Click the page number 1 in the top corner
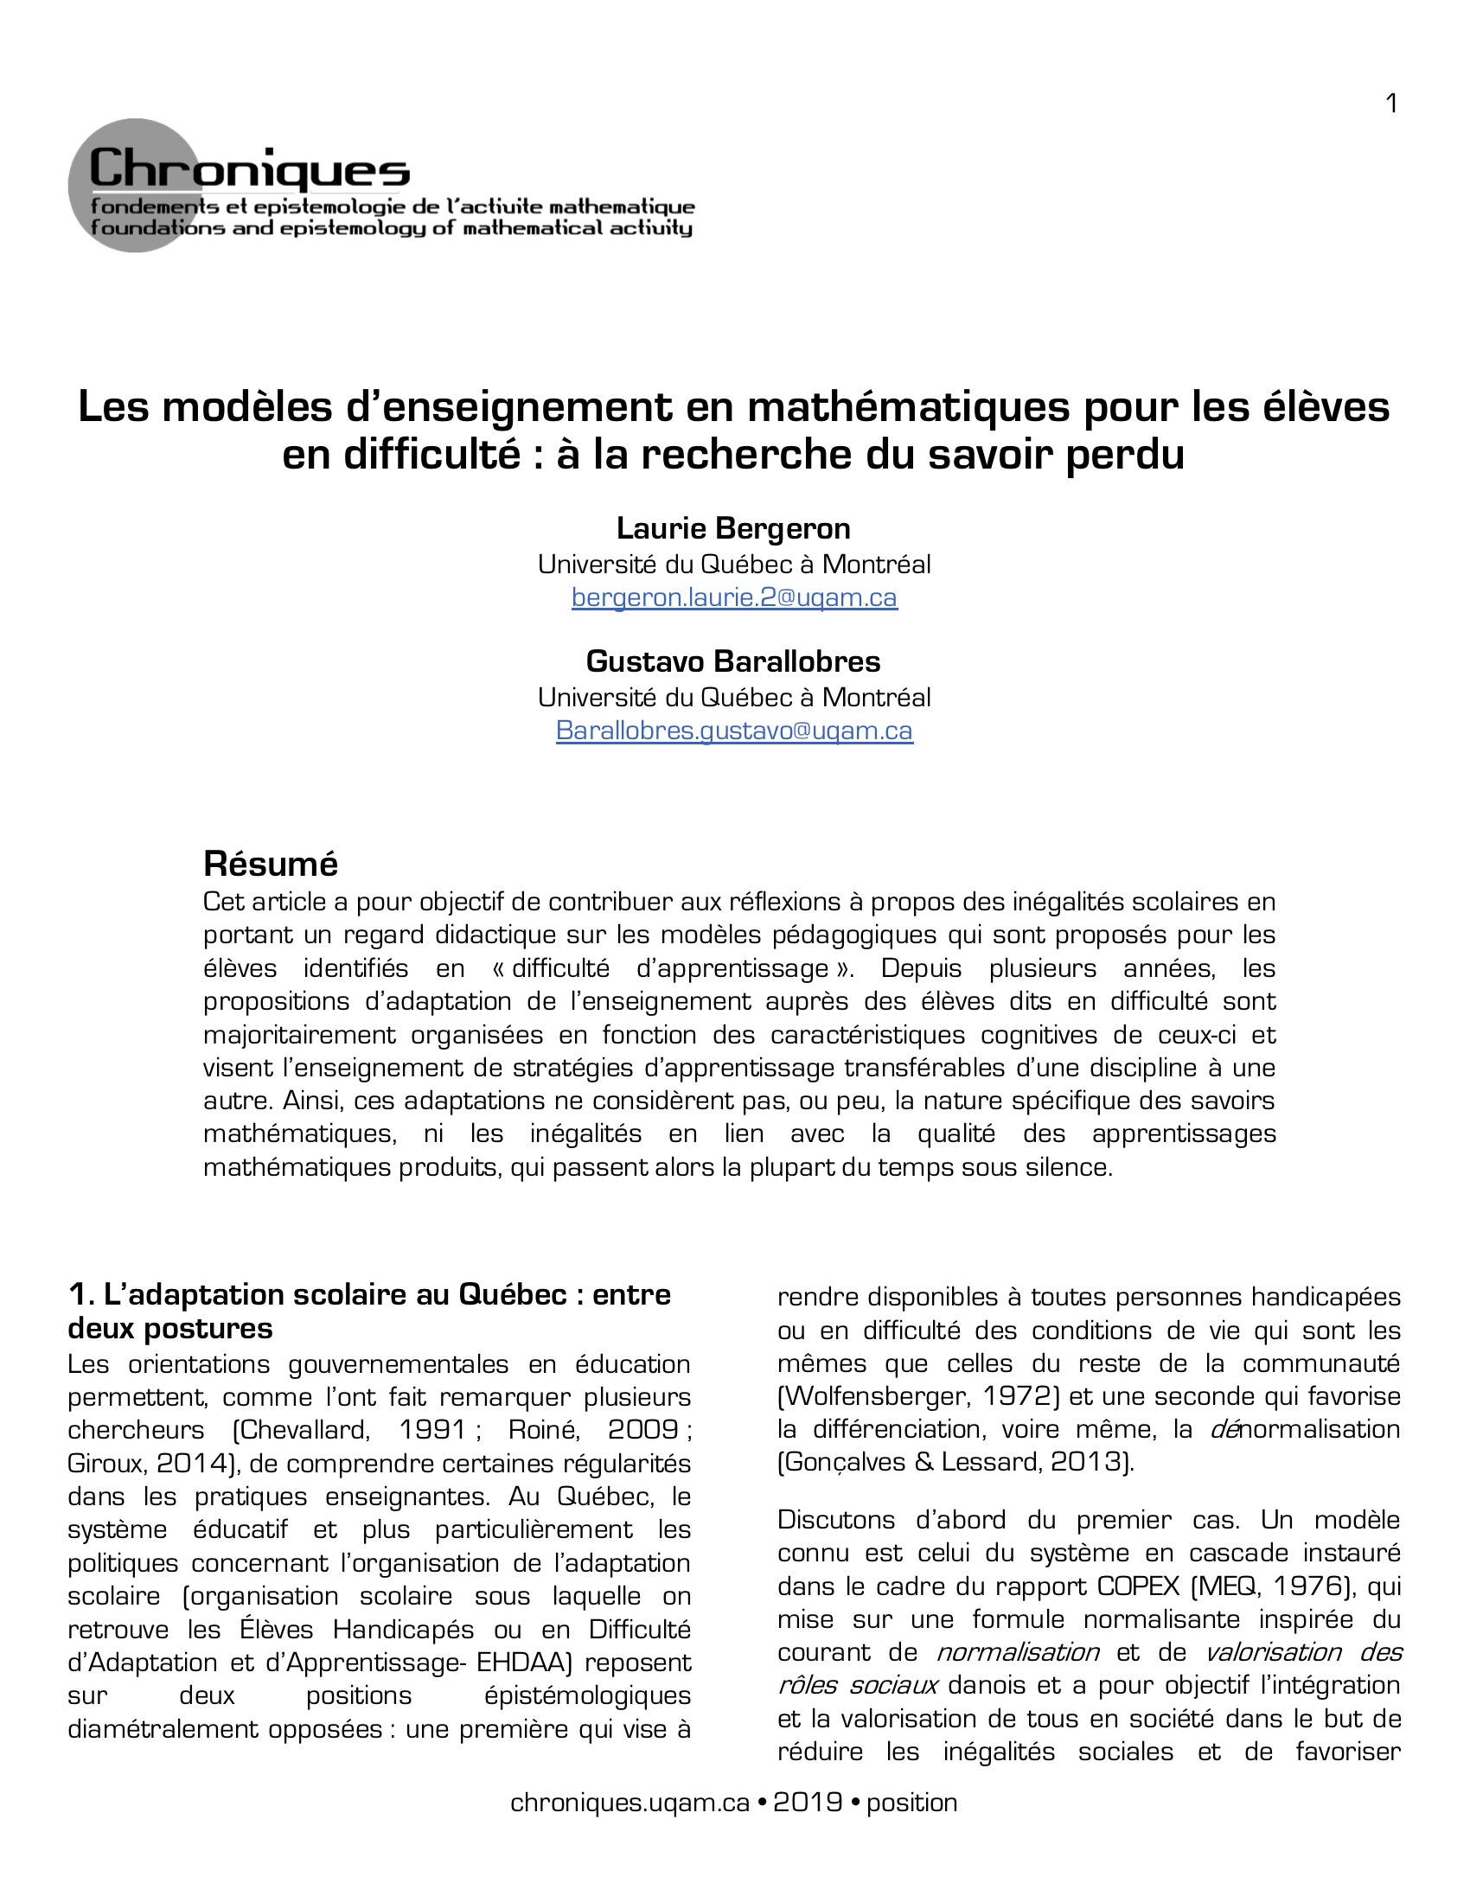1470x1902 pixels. (x=1390, y=104)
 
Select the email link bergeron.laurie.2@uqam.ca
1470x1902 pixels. (x=734, y=597)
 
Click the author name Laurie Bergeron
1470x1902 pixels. (x=733, y=527)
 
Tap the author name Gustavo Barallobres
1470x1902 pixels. (x=733, y=661)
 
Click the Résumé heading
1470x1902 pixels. (x=270, y=864)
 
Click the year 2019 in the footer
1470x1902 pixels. (x=808, y=1802)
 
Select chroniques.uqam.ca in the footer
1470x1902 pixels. (x=630, y=1802)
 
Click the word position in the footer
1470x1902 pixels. (x=911, y=1802)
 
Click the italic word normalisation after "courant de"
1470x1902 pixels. (x=1017, y=1652)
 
